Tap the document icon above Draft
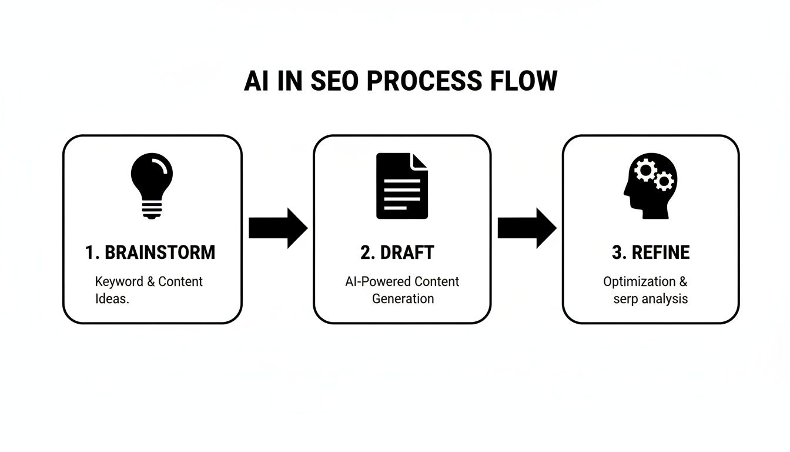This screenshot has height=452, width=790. [402, 186]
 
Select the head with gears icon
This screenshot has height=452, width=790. [650, 186]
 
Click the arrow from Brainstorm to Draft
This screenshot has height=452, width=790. [277, 228]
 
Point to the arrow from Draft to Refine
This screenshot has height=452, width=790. [527, 228]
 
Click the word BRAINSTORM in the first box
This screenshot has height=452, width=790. [159, 252]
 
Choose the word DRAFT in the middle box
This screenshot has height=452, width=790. [410, 252]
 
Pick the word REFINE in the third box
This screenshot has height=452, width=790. [660, 252]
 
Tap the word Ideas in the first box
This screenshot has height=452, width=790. [112, 298]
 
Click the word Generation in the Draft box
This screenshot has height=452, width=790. [403, 298]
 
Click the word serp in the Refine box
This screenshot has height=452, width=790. [627, 298]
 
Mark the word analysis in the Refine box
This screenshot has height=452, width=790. [665, 298]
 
